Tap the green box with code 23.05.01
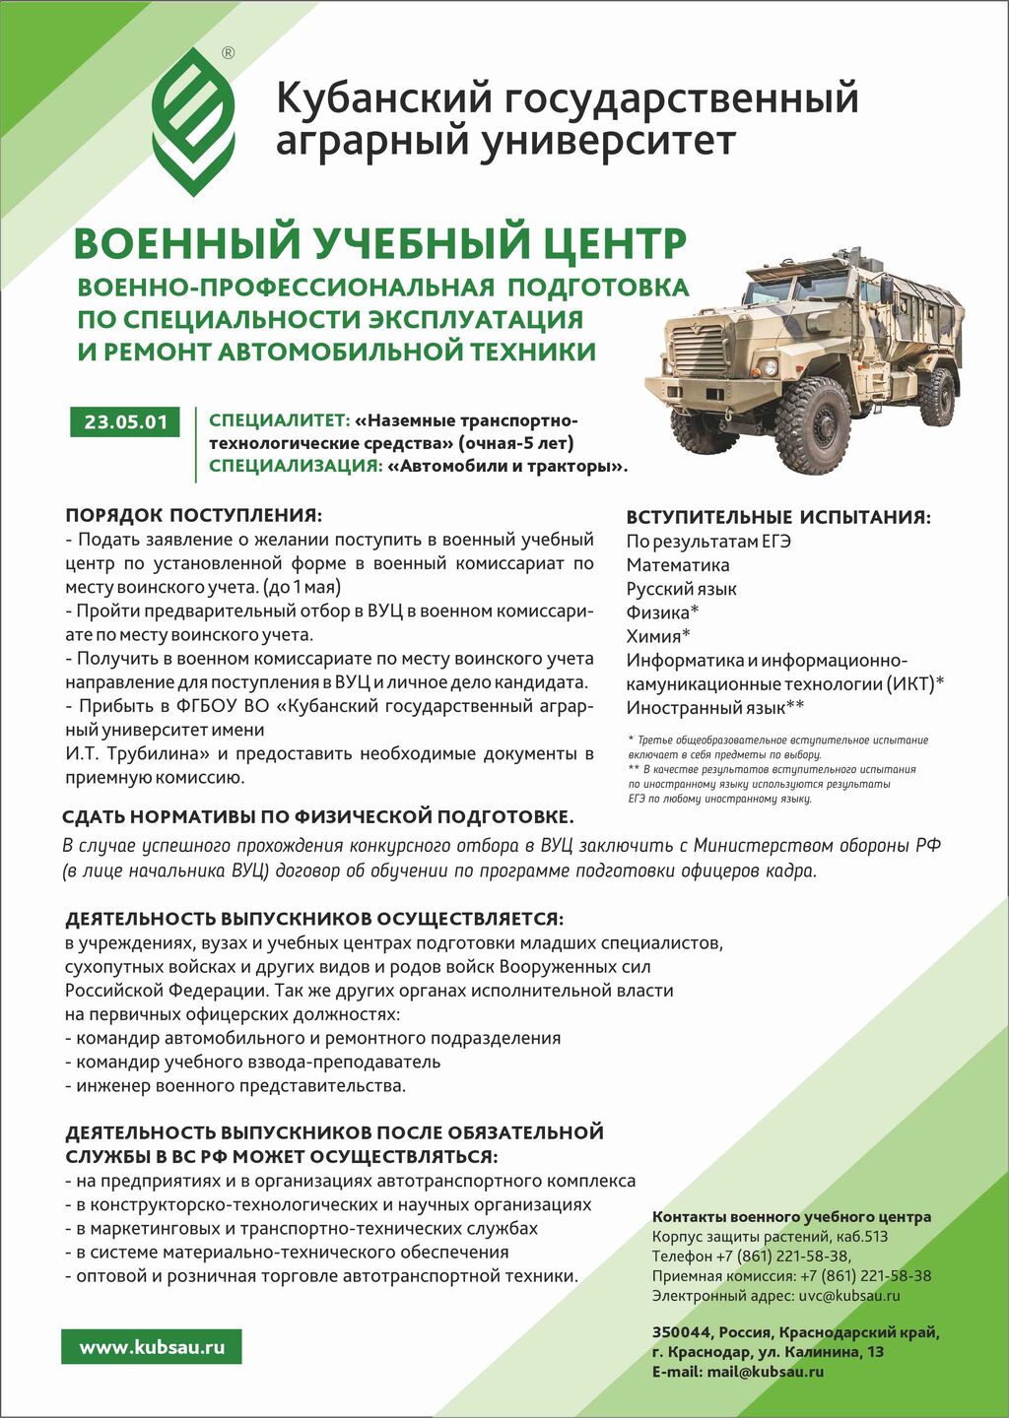coord(126,422)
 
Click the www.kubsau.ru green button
coord(152,1347)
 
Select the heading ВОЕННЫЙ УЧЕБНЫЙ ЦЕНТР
coord(380,242)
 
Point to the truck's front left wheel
coord(812,413)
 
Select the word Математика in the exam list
coord(678,565)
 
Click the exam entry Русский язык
coord(682,589)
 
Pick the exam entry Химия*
coord(658,636)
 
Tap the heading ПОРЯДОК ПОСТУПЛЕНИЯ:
coord(193,515)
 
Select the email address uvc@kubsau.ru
coord(849,1296)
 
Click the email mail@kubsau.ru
coord(765,1372)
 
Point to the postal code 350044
coord(681,1332)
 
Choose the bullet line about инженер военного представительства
coord(236,1086)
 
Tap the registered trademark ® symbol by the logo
coord(229,53)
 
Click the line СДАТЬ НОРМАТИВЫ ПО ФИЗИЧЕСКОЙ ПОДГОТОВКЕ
coord(317,816)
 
